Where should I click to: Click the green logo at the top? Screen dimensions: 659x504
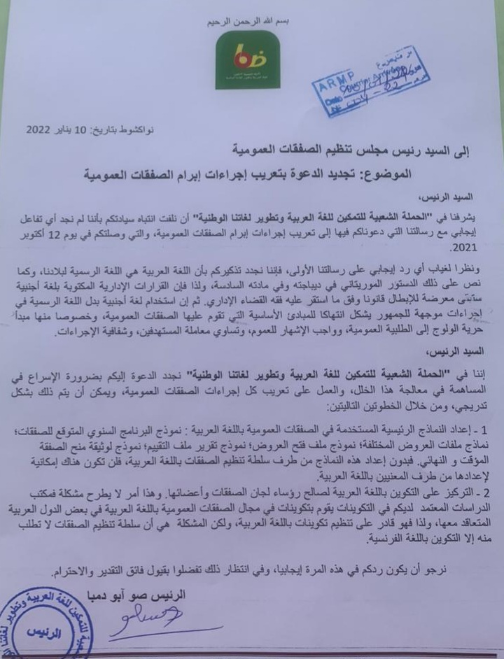(x=248, y=60)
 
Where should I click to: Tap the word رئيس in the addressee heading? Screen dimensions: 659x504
(x=386, y=150)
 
